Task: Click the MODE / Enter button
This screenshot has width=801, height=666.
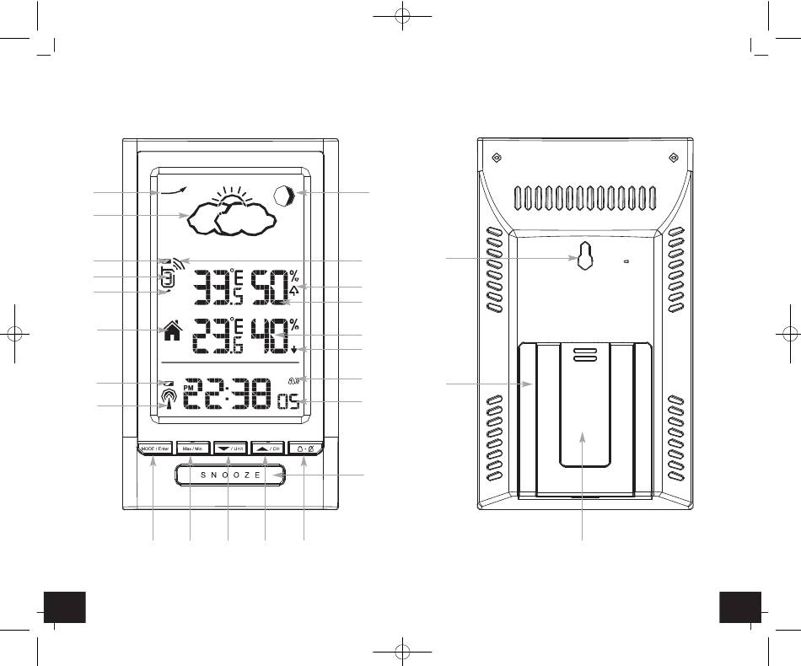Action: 153,448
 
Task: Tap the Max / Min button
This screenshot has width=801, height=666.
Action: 191,448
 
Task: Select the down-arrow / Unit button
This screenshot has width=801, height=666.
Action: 228,448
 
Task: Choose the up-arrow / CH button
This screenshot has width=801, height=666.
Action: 266,448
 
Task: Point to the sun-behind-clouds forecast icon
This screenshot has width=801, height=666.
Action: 231,212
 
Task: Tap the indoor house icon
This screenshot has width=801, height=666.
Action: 171,330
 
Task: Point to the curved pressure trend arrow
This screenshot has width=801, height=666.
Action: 175,193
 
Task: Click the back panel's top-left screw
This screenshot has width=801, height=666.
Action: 497,158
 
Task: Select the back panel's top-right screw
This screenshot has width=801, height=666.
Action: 673,158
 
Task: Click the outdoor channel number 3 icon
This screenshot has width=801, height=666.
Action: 168,277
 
